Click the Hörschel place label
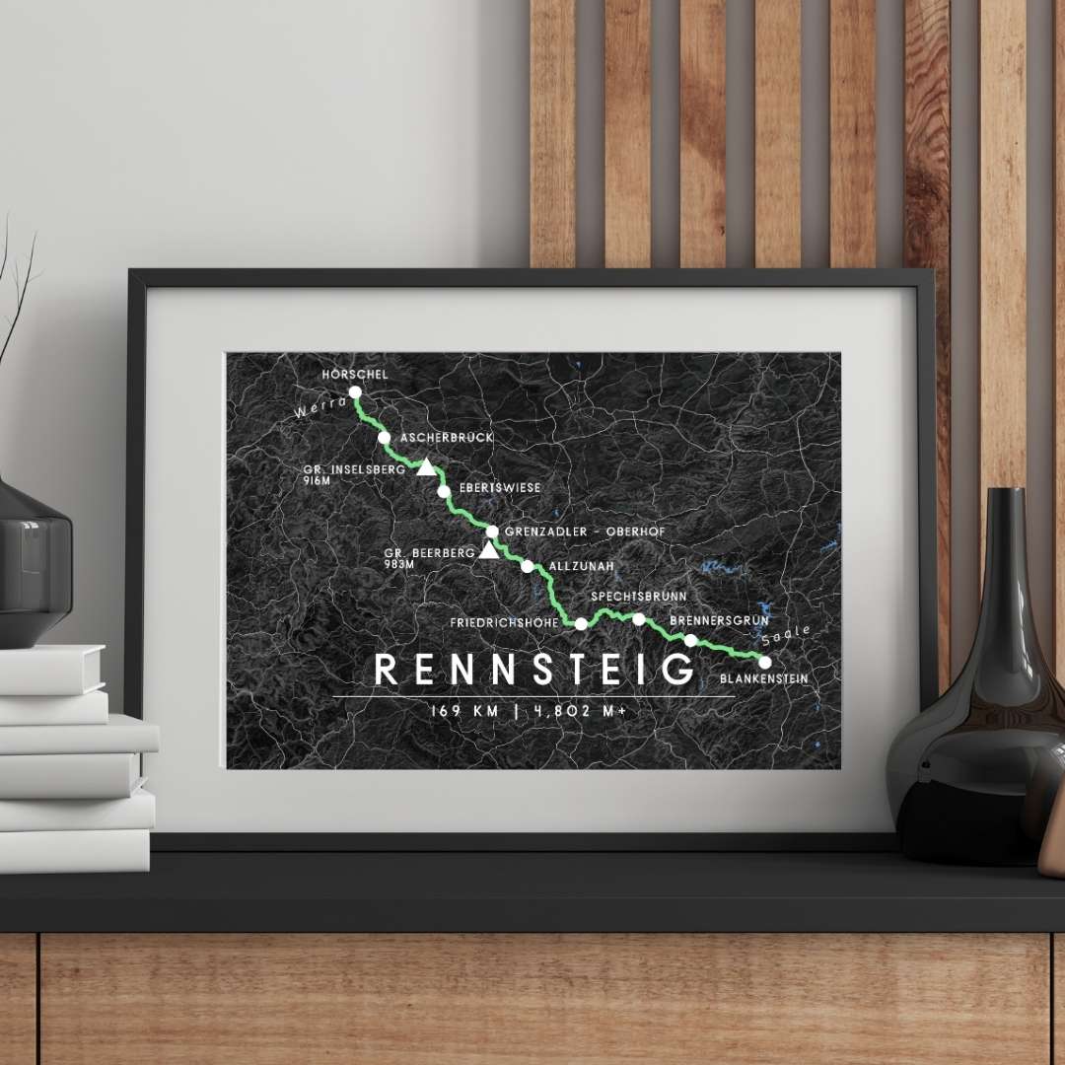355,375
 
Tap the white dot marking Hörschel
355,392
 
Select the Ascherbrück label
447,437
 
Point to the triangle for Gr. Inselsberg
426,467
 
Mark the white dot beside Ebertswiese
444,490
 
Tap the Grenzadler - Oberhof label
585,532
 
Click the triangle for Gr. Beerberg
488,550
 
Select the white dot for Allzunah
528,566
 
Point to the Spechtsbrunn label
639,597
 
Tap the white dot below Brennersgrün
691,640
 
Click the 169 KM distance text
465,710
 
